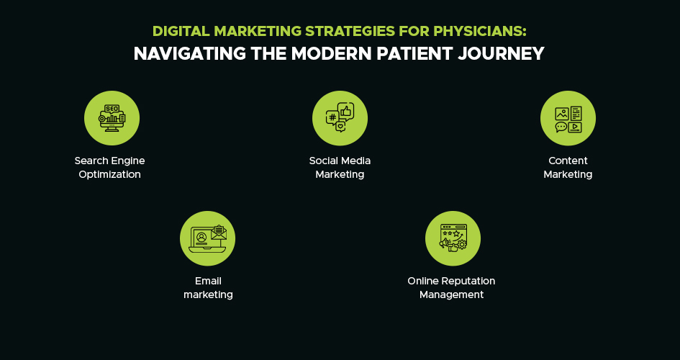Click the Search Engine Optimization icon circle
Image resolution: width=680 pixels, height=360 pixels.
point(112,118)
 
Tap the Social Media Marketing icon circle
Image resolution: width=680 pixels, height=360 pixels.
point(340,118)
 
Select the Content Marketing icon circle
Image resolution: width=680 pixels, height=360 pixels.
point(568,118)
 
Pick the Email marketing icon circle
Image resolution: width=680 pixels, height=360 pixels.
point(207,238)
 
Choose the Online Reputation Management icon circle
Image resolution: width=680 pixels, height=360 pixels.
point(453,238)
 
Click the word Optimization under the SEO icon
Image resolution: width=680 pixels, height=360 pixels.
point(110,174)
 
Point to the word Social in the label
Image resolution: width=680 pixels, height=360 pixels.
point(323,161)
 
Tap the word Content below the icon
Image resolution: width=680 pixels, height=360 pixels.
point(568,161)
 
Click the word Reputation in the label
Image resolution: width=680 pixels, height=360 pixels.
point(468,281)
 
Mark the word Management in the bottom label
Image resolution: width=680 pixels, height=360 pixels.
point(452,294)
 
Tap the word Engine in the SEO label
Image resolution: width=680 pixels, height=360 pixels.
point(128,161)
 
